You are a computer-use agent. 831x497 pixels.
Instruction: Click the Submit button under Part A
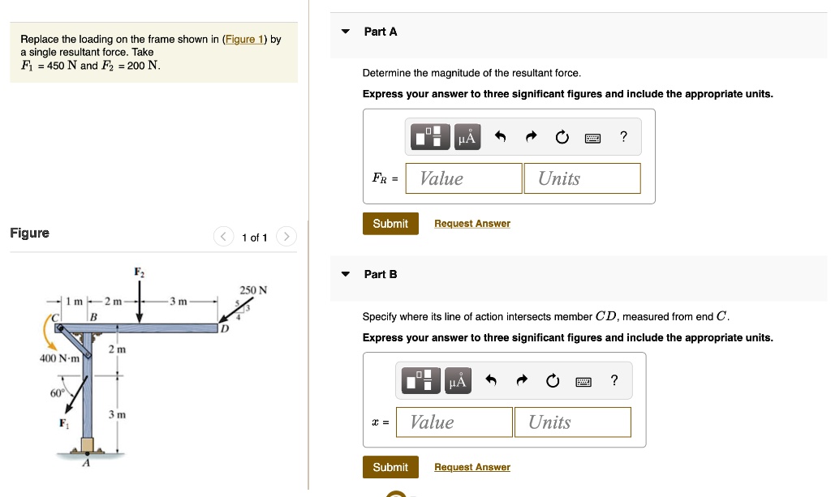click(x=390, y=224)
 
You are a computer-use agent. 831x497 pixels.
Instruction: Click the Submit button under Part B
click(x=390, y=467)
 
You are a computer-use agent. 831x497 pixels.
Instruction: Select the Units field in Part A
click(x=582, y=178)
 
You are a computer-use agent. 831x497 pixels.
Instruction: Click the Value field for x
click(x=454, y=422)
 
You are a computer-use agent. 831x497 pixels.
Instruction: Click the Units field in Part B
click(x=572, y=422)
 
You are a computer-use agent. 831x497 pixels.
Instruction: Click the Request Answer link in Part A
click(x=472, y=224)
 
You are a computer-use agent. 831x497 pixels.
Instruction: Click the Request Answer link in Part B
click(x=472, y=467)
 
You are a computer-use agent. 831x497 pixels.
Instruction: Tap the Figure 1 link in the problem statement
click(x=244, y=39)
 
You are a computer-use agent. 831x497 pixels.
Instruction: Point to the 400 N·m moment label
click(x=58, y=358)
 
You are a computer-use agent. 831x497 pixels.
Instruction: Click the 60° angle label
click(x=57, y=393)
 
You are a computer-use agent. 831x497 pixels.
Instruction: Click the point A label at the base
click(x=86, y=463)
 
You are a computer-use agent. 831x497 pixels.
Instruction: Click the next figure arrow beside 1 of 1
click(x=286, y=237)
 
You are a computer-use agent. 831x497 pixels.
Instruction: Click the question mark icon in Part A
click(x=622, y=137)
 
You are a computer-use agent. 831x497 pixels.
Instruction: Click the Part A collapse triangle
click(x=346, y=32)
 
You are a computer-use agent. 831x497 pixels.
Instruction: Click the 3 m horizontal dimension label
click(x=179, y=302)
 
